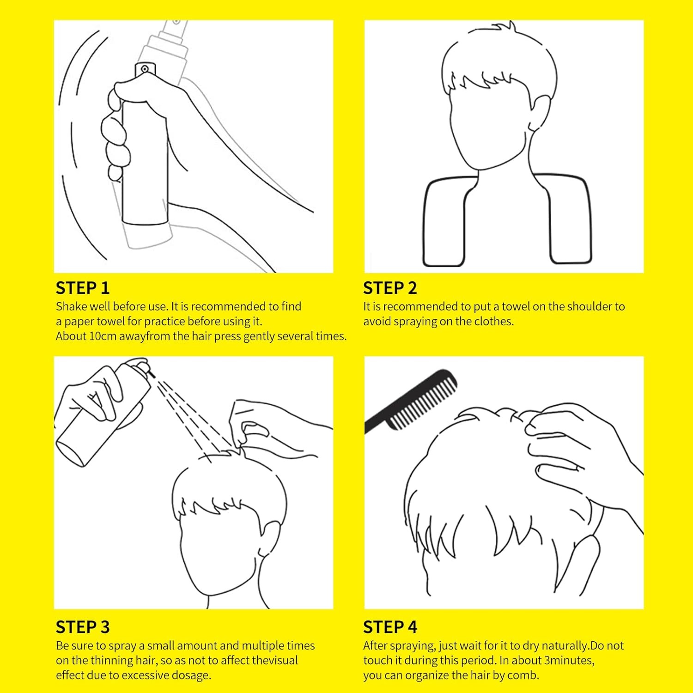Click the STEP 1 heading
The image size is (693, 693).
(83, 288)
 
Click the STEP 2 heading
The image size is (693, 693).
(390, 288)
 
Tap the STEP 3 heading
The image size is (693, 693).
(83, 627)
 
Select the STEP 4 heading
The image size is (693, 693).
(390, 627)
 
